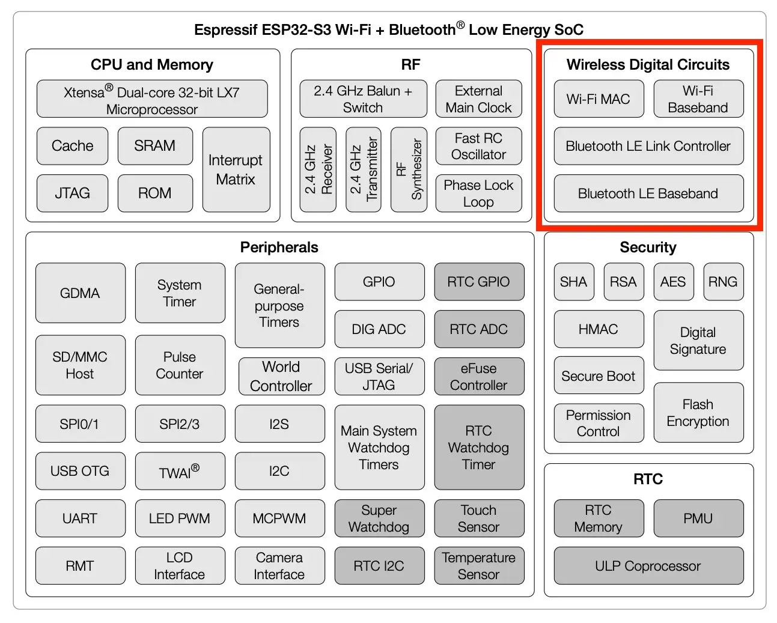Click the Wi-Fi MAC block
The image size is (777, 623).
(599, 99)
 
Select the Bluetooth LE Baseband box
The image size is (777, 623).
(648, 193)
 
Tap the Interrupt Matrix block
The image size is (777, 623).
(236, 169)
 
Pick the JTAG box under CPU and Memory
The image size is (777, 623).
(72, 193)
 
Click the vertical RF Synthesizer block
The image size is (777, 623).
(409, 169)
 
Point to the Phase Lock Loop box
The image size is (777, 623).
(478, 193)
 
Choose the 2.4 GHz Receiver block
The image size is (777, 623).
(318, 169)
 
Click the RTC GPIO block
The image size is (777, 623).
(478, 282)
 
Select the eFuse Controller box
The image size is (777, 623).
(478, 377)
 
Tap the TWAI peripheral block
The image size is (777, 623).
(180, 472)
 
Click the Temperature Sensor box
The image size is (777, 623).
(478, 566)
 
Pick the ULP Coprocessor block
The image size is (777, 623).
(648, 566)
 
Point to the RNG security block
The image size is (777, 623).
(723, 282)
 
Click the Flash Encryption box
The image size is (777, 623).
(698, 413)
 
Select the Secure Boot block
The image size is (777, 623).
(599, 376)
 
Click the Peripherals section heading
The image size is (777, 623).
(279, 248)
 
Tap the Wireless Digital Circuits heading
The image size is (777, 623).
(648, 65)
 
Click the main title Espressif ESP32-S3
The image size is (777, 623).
(389, 29)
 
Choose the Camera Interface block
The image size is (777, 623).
(279, 566)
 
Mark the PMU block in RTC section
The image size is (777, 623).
(698, 518)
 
